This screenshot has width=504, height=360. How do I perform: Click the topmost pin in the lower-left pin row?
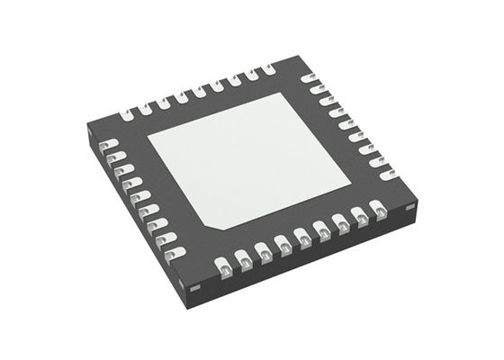tap(104, 144)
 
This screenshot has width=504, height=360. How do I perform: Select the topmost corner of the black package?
tap(298, 58)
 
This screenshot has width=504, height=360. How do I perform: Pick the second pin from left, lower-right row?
tap(244, 261)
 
